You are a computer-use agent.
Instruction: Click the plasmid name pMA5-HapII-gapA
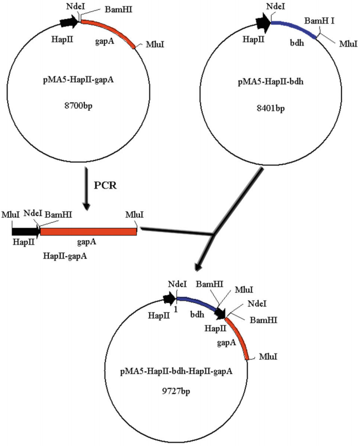point(77,93)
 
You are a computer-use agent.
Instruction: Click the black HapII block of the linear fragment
point(25,231)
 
